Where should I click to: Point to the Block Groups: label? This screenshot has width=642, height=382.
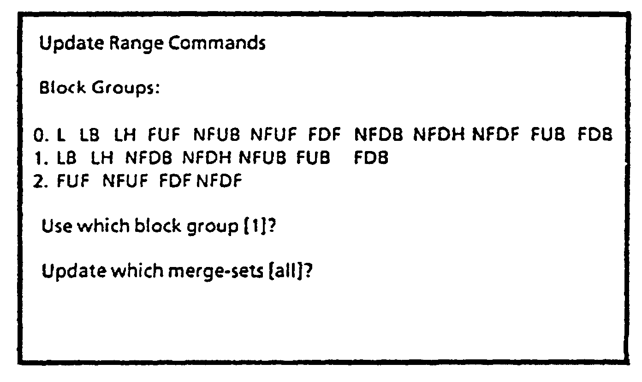tap(99, 88)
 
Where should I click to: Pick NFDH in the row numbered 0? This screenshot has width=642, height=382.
tap(440, 135)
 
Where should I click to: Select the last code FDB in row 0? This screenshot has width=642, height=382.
tap(595, 135)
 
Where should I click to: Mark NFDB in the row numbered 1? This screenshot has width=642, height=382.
tap(149, 158)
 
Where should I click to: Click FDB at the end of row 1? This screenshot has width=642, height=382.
tap(371, 158)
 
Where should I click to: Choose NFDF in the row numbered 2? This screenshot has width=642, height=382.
tap(219, 182)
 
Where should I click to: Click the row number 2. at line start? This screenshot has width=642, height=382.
tap(41, 182)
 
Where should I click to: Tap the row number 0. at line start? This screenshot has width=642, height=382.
tap(41, 135)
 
